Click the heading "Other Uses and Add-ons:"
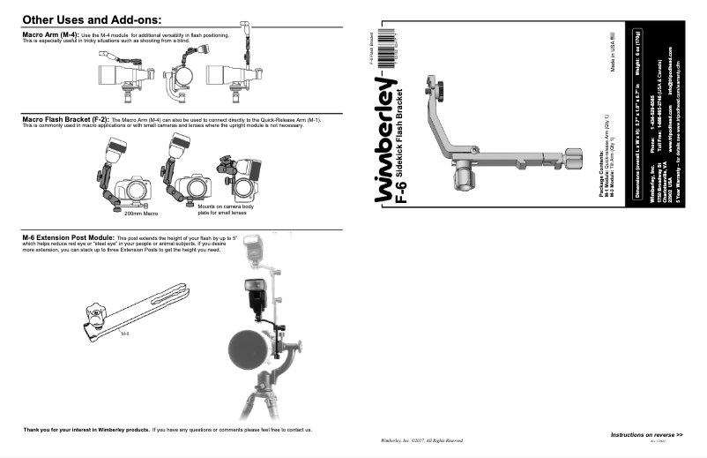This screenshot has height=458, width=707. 91,18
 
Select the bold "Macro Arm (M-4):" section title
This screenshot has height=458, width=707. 51,34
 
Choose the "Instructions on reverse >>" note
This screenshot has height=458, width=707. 646,436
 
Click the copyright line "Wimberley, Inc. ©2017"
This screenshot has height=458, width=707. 415,439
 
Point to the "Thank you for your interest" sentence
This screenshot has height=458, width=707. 167,430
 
